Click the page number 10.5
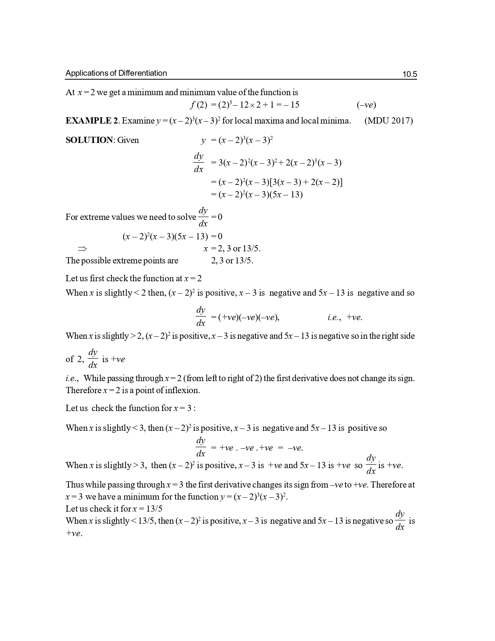410,74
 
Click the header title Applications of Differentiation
116,73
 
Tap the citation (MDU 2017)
389,120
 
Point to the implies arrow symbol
82,249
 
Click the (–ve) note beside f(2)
366,105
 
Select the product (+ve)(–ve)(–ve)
249,317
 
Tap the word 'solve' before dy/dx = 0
187,217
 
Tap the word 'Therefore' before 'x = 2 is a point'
83,390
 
